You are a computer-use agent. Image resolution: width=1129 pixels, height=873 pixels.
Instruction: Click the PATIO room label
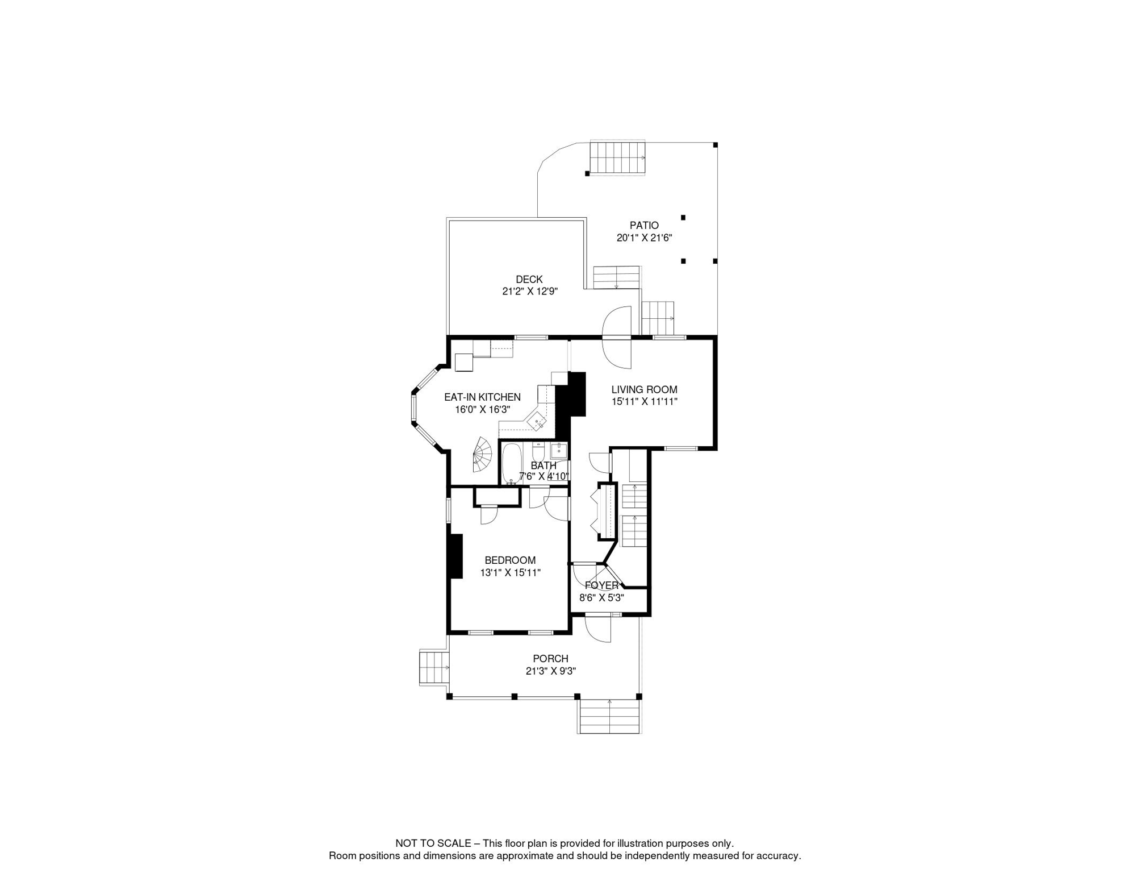(644, 226)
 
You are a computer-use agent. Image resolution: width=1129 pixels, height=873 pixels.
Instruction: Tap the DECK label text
(529, 280)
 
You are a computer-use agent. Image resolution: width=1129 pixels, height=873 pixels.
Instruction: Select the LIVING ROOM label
(644, 390)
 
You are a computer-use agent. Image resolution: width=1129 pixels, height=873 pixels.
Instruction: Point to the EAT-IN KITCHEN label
(482, 397)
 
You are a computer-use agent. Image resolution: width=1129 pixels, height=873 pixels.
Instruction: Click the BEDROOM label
(510, 560)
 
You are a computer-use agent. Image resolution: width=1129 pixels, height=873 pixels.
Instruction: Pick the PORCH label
(550, 659)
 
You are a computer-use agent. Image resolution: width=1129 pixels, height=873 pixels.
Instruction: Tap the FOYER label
(601, 585)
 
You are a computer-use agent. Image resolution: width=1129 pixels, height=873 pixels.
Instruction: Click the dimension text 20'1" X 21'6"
(644, 238)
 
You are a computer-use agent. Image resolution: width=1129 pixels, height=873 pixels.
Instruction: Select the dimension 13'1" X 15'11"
(510, 573)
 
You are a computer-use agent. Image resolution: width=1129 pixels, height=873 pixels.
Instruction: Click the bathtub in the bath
(512, 463)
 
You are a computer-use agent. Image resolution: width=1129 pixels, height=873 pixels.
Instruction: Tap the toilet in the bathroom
(538, 453)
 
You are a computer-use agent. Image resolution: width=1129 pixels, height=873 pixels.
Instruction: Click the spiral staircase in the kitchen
(483, 455)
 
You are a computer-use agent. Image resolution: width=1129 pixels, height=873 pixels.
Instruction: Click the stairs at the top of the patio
(617, 158)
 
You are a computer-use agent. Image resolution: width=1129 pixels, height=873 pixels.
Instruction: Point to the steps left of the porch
(434, 667)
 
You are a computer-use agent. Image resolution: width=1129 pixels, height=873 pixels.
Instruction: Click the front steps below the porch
(609, 716)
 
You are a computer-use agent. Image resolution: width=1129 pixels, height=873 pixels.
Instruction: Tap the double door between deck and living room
(617, 338)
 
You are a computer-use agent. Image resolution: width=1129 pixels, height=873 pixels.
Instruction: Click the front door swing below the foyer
(597, 629)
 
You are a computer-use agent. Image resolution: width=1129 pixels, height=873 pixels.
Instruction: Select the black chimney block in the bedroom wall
(455, 556)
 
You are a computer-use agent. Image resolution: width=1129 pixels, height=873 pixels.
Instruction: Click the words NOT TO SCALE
(433, 843)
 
